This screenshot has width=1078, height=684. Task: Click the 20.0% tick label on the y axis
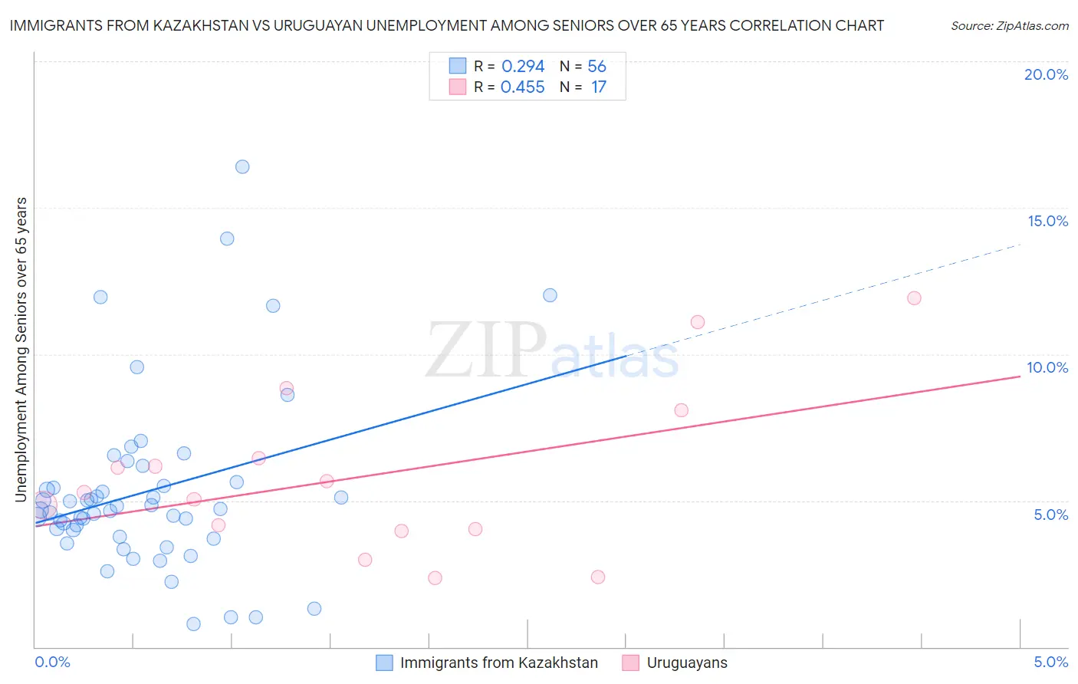[1046, 74]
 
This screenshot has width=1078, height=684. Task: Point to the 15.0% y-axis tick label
[1047, 221]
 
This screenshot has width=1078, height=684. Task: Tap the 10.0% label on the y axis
[1047, 367]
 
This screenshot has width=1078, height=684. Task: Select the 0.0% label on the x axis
[52, 662]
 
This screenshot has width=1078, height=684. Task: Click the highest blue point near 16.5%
[242, 166]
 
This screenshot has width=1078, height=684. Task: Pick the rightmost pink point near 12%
[914, 298]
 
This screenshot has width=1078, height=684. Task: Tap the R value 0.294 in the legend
[523, 66]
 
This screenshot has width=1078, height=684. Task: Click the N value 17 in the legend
[598, 87]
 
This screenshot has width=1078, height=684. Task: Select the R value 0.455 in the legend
[523, 87]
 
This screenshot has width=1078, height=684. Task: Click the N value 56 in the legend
[597, 66]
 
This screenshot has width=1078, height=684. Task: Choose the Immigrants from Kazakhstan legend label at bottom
[498, 663]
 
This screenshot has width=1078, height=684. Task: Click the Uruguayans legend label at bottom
[687, 663]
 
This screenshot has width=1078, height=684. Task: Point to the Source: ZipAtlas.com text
[1009, 25]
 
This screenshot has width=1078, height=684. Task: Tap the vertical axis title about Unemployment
[21, 350]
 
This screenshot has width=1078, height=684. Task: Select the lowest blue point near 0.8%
[193, 624]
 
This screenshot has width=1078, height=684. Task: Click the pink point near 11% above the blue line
[697, 322]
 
